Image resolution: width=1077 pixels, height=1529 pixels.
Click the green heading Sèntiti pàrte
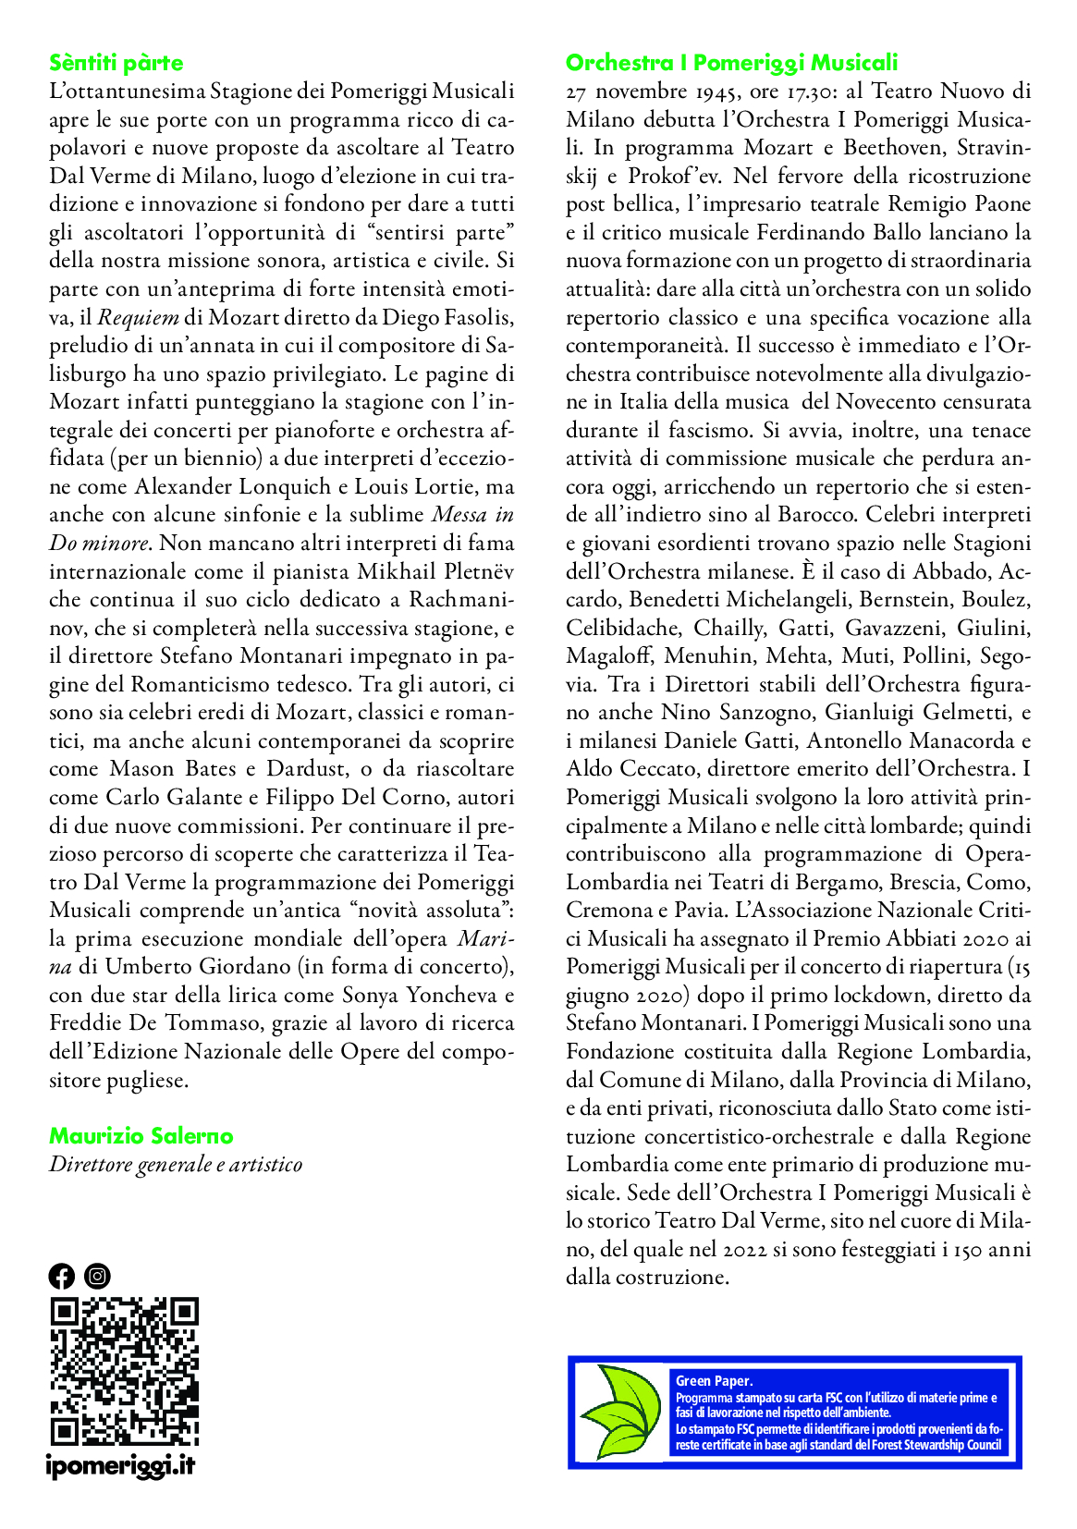coord(116,63)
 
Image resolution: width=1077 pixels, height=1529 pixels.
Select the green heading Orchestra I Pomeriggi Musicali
coord(731,63)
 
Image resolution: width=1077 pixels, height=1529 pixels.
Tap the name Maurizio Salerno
coord(141,1136)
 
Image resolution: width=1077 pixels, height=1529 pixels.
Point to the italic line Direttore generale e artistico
coord(176,1165)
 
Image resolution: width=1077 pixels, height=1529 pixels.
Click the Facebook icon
coord(61,1277)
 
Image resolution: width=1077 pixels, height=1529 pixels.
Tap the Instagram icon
coord(97,1277)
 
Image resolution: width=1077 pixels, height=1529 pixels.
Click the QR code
coord(124,1372)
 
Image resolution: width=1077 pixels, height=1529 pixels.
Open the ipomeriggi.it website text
coord(120,1465)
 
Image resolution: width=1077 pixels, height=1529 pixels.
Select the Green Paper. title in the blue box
coord(714,1381)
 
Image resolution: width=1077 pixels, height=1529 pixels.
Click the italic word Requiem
coord(138,318)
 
